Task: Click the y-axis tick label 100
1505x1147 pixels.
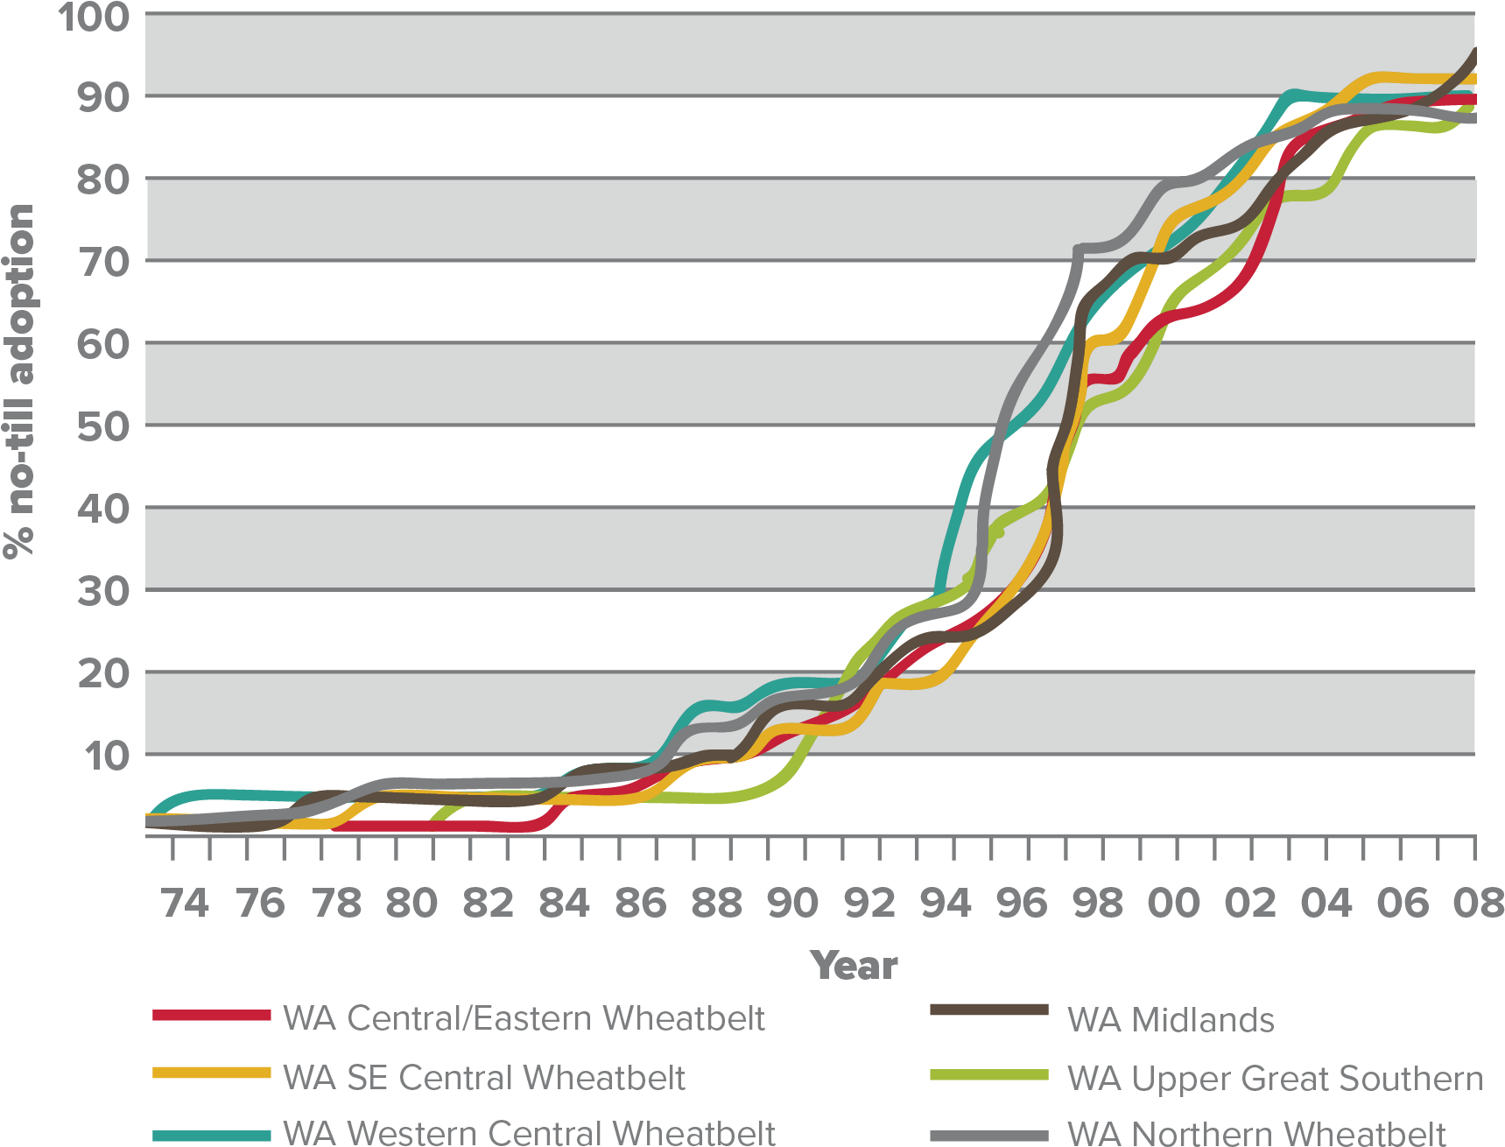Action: click(94, 17)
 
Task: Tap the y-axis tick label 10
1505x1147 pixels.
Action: click(107, 755)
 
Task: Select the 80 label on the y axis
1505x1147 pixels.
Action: click(103, 179)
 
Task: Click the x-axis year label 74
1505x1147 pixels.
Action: click(185, 904)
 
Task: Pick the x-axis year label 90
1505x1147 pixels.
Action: click(792, 904)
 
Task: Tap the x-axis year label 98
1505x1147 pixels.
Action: click(1098, 904)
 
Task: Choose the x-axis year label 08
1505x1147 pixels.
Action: click(1479, 904)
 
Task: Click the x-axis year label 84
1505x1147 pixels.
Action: click(564, 904)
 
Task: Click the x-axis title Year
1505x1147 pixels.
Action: click(854, 966)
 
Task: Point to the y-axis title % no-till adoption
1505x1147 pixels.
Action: click(19, 381)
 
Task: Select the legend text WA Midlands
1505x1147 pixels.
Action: click(1171, 1020)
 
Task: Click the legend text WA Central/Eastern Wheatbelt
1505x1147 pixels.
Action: click(524, 1018)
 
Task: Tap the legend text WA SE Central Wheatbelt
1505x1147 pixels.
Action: click(484, 1078)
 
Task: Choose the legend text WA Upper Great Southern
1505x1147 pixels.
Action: click(1275, 1079)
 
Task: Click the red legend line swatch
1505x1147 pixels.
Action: click(212, 1016)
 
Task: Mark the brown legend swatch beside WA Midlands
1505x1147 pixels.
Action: click(989, 1010)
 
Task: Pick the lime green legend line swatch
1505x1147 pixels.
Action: click(989, 1075)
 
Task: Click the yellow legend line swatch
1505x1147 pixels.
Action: click(212, 1073)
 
